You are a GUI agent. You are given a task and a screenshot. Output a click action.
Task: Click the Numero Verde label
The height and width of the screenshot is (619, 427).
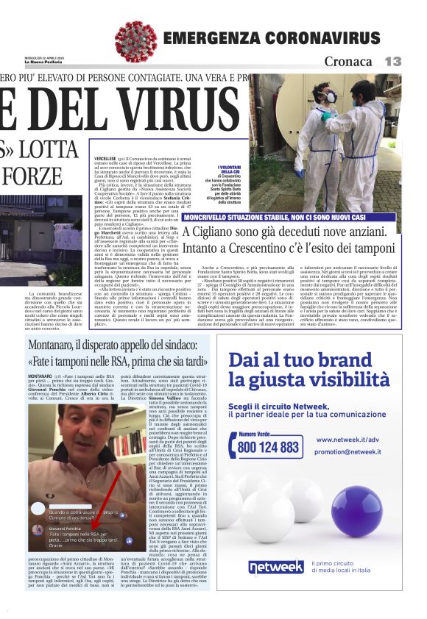point(258,434)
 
